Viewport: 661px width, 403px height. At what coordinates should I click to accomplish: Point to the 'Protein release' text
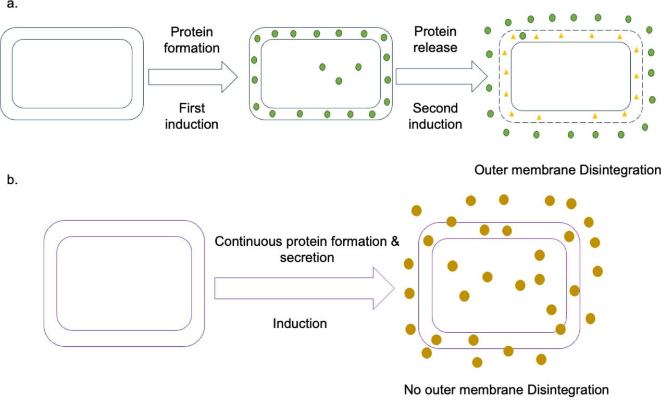tap(435, 40)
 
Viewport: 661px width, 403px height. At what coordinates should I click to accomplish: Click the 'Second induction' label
tap(435, 116)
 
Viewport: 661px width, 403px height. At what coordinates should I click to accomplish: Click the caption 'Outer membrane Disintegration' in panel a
tap(567, 170)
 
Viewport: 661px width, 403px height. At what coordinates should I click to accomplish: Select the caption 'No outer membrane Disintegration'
tap(506, 389)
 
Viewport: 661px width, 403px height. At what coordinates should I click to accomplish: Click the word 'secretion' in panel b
tap(307, 257)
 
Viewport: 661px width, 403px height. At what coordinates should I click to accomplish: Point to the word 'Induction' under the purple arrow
tap(300, 323)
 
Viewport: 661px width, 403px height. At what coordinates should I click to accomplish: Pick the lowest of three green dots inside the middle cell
tap(339, 81)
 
